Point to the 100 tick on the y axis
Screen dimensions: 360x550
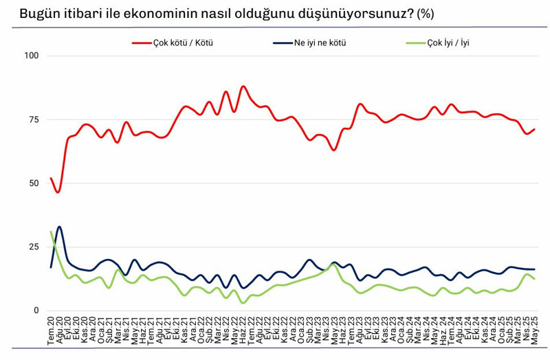[32, 56]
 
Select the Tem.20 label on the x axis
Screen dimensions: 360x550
[52, 333]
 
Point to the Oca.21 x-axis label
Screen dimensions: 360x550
[101, 333]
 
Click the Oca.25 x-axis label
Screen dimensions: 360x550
[502, 333]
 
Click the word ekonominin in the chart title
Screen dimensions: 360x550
[148, 14]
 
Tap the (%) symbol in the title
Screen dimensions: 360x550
[426, 14]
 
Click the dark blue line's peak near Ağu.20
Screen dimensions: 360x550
[60, 226]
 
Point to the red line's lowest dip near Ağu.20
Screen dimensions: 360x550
[58, 192]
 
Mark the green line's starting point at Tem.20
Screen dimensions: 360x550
[52, 232]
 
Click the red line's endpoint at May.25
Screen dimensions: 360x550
[534, 129]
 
